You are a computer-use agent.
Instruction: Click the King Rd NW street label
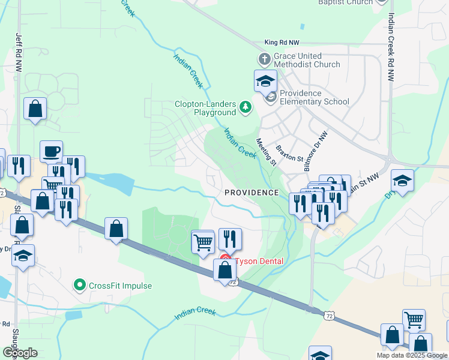[282, 43]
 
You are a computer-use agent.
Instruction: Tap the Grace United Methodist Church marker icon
[263, 59]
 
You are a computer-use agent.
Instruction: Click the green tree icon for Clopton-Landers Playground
[245, 107]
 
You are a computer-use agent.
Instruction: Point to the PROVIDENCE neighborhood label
[252, 193]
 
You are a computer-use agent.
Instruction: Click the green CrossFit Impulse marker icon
[79, 285]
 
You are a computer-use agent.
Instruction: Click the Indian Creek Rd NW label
[391, 47]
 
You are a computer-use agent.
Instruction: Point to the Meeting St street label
[266, 152]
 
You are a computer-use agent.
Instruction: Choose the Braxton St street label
[289, 152]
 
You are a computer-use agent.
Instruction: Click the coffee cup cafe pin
[52, 151]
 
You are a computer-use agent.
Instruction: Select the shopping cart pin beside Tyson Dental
[203, 242]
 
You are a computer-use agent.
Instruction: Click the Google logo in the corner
[20, 352]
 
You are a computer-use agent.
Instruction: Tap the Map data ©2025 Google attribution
[411, 355]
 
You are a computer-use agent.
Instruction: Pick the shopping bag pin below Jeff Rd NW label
[35, 109]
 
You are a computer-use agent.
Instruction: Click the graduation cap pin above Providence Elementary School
[265, 80]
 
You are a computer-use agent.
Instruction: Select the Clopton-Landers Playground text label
[205, 108]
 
